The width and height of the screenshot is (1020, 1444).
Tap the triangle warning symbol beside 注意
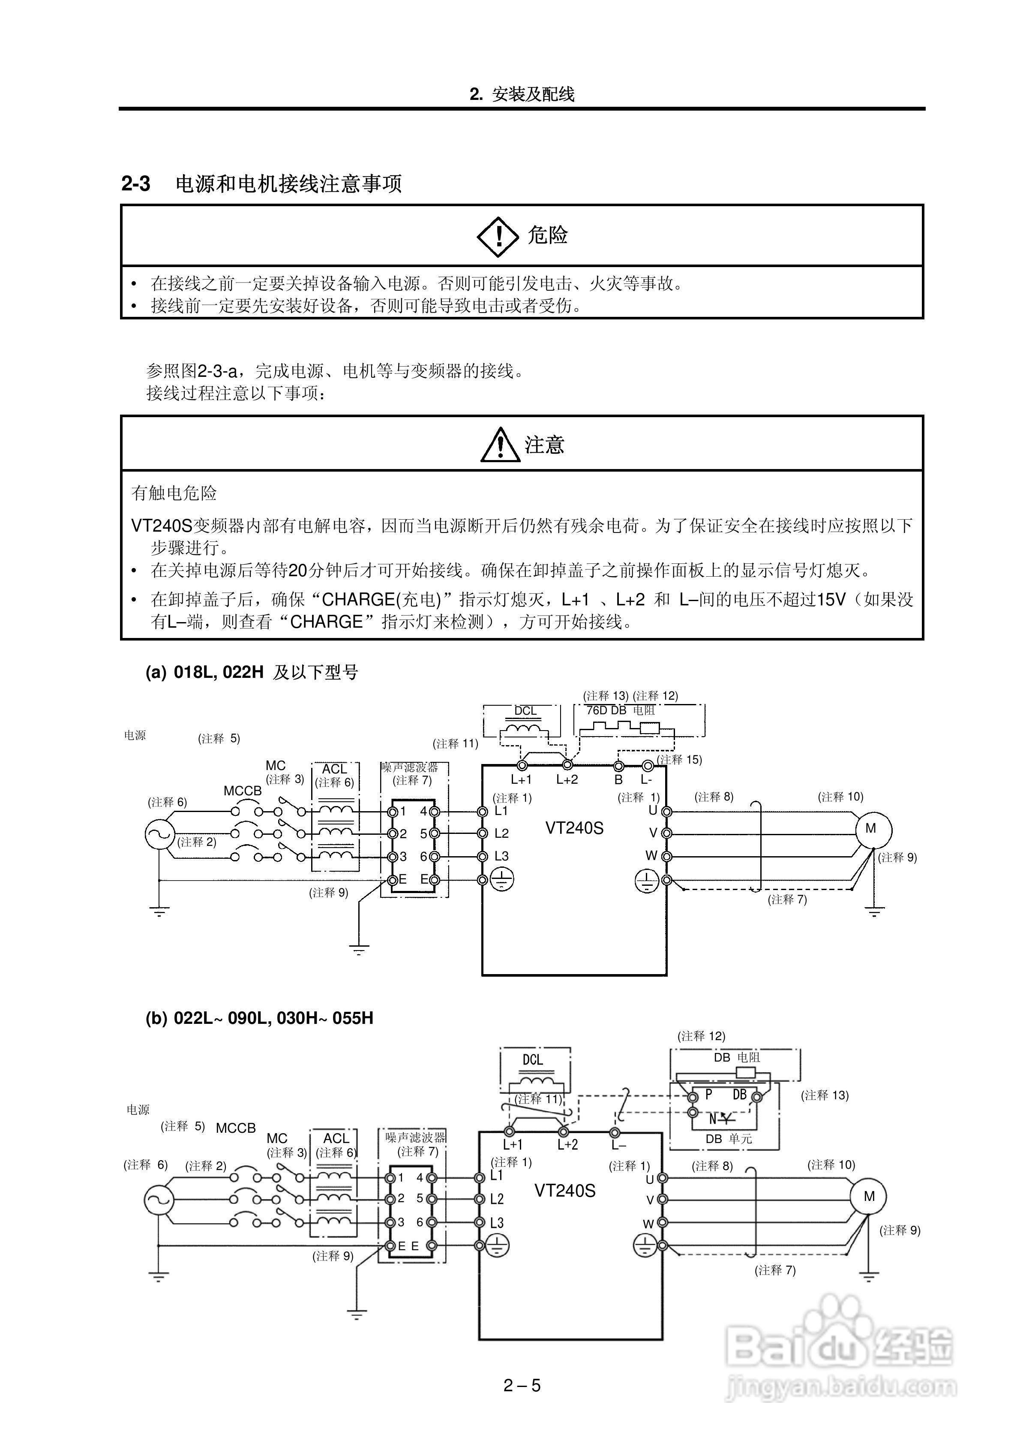coord(500,445)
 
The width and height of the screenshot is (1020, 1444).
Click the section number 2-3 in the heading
coord(136,184)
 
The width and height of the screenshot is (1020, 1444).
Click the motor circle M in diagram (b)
coord(868,1196)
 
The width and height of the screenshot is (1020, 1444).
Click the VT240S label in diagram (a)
coord(574,828)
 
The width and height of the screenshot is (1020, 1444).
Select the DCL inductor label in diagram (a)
coord(525,711)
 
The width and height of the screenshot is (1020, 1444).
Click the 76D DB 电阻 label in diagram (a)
coord(620,710)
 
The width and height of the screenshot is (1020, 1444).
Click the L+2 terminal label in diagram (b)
coord(567,1145)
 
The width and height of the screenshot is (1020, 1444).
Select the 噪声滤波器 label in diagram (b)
coord(415,1137)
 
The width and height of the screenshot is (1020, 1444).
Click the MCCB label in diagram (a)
coord(242,791)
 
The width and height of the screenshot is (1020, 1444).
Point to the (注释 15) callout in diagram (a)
coord(679,759)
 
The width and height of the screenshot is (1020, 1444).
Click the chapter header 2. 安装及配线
coord(522,94)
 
